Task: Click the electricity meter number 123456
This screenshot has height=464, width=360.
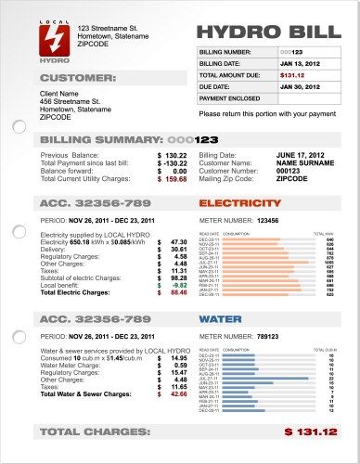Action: [268, 220]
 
